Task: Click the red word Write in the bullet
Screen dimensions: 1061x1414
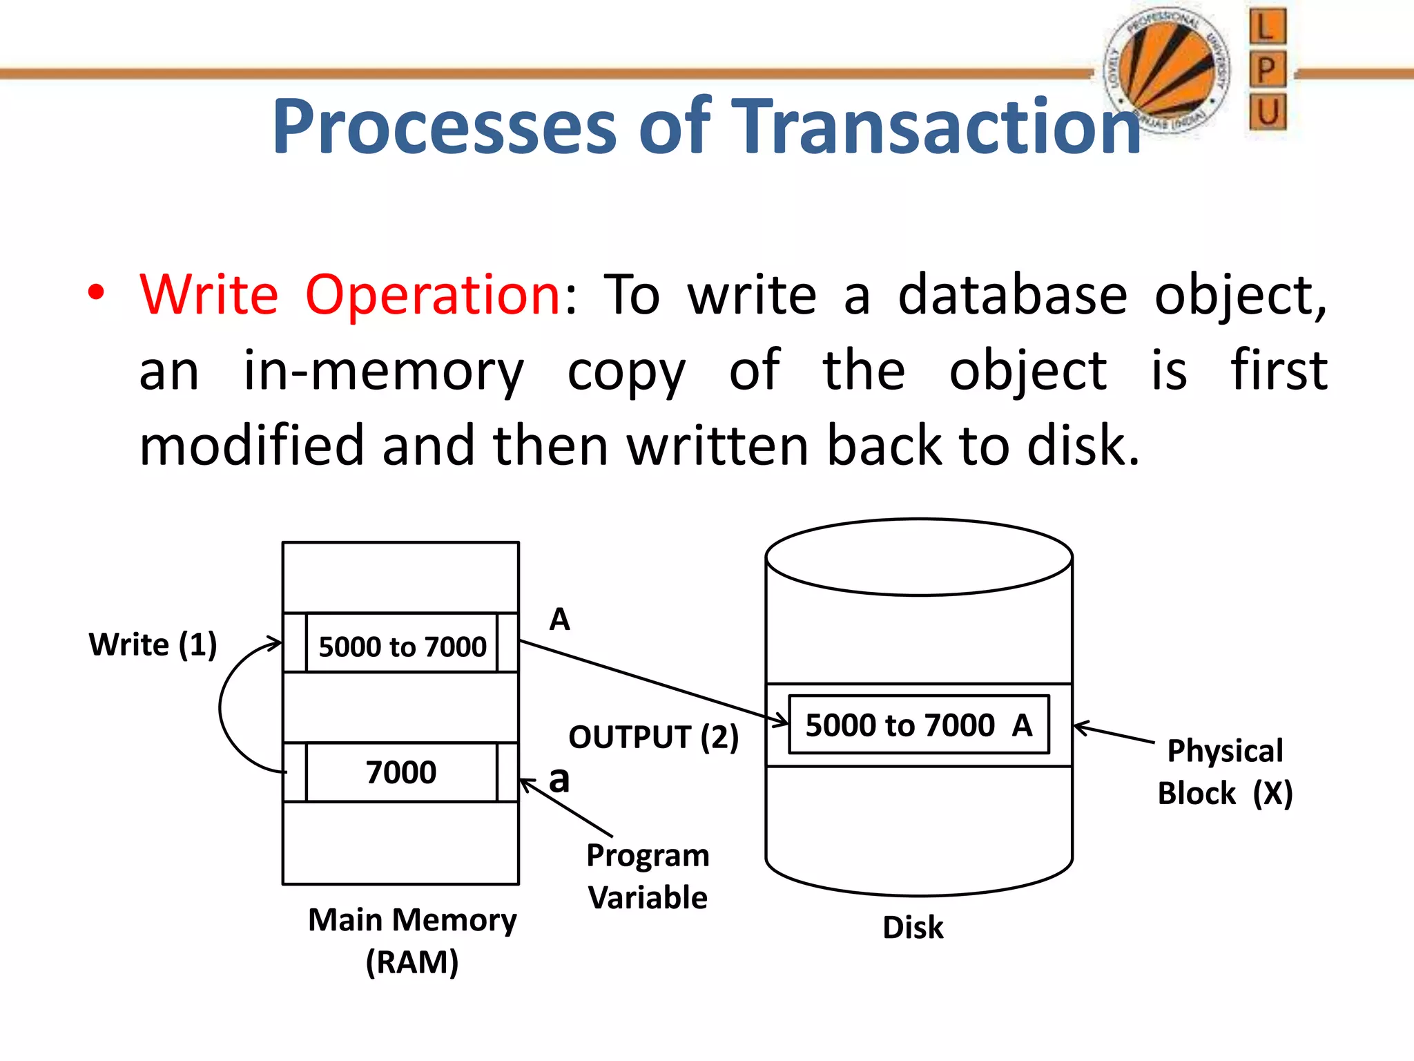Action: [209, 296]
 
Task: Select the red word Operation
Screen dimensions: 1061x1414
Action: [432, 296]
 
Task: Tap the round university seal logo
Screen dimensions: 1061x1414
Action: [1167, 69]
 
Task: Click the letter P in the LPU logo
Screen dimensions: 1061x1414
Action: [1267, 70]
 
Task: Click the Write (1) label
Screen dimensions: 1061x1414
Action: [153, 644]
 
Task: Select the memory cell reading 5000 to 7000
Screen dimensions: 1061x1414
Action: [402, 647]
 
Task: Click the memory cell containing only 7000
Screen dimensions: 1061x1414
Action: [401, 772]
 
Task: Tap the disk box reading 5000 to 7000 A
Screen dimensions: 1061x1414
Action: [918, 725]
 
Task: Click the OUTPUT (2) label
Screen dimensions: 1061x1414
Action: [653, 737]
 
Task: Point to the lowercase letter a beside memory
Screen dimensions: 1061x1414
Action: [559, 780]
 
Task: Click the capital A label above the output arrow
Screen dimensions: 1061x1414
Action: [559, 619]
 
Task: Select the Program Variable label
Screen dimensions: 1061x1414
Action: [648, 876]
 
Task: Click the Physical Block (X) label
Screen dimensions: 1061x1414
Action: [1225, 772]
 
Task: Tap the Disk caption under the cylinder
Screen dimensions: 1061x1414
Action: [912, 927]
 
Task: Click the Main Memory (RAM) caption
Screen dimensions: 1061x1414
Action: [412, 940]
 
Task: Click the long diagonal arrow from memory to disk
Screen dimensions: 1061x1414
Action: [652, 682]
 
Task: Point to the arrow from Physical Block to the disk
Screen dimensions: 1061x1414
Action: [1113, 734]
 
